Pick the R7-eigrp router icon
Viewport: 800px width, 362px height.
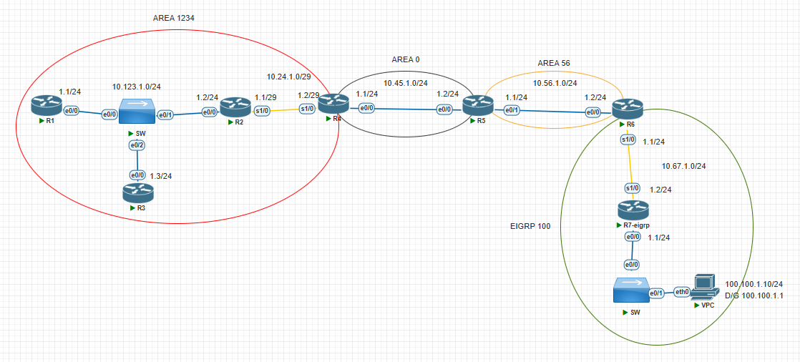[633, 210]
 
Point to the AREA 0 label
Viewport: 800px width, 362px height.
[406, 59]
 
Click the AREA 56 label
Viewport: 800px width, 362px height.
[554, 63]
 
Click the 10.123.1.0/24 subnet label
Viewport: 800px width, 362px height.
[137, 87]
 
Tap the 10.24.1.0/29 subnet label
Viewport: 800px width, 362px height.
[289, 76]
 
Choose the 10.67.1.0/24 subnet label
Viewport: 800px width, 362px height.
[684, 166]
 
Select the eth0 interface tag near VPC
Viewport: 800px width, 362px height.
[683, 291]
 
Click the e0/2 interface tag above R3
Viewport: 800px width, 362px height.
[135, 146]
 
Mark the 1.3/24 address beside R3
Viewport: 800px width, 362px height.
[161, 175]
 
